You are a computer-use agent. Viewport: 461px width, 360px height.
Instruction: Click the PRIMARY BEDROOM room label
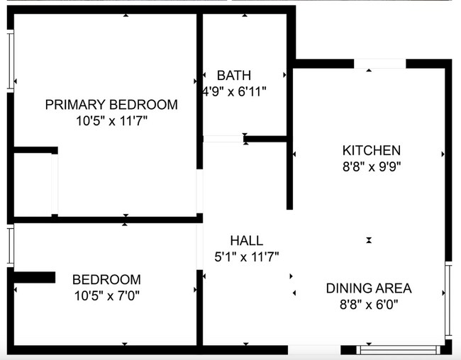click(111, 105)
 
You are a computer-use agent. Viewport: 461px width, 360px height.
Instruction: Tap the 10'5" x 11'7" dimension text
click(111, 121)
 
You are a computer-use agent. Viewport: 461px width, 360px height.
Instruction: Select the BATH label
click(234, 75)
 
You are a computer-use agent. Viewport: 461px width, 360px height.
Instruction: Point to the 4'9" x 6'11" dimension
click(234, 91)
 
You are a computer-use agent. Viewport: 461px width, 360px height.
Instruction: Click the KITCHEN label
click(372, 150)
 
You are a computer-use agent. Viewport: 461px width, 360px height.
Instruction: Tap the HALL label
click(246, 241)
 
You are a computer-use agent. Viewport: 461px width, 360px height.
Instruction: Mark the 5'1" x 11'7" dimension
click(246, 257)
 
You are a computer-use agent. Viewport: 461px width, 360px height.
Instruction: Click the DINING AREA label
click(369, 288)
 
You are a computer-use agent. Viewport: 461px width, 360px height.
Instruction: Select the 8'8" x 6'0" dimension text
click(369, 305)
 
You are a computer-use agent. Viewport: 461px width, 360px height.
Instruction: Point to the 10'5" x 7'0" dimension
click(106, 296)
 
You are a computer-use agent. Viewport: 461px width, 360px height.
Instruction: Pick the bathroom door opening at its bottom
click(223, 139)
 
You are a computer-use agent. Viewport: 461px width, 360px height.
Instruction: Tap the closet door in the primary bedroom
click(55, 184)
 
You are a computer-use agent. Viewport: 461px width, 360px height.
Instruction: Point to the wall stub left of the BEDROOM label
click(34, 277)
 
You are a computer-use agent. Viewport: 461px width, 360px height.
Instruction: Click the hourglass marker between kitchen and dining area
click(369, 240)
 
